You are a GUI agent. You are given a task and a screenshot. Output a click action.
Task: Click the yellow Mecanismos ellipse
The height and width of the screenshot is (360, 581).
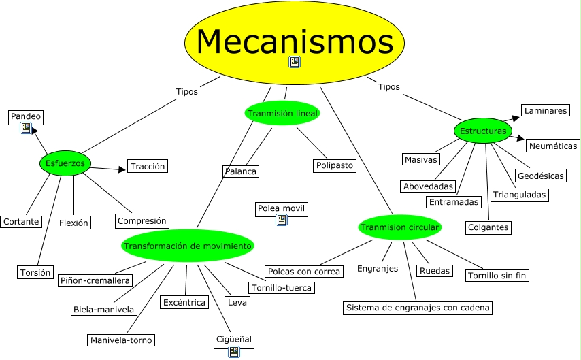pos(294,43)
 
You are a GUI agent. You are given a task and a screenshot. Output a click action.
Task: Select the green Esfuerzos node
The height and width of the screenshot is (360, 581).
pos(65,163)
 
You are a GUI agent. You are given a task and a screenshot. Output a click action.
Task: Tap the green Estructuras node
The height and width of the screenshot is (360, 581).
pos(483,131)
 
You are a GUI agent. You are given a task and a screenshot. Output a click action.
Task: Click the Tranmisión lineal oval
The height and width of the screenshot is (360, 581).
pos(282,113)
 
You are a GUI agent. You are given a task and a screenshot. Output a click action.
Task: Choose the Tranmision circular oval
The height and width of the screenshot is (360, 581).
pos(399,227)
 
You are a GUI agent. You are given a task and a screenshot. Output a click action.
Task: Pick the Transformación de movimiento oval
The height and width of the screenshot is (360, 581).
pos(188,246)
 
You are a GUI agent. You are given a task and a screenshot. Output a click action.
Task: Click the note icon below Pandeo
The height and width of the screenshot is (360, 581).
pos(26,128)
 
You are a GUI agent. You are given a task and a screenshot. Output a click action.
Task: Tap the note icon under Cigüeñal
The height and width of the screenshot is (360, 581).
pos(234,351)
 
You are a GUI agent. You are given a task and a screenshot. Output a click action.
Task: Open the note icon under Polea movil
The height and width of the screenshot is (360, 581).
pos(282,220)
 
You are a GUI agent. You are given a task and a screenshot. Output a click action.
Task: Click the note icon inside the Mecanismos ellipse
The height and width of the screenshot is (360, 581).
pos(295,62)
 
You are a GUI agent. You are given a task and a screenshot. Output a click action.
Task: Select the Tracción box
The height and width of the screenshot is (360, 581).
pos(148,166)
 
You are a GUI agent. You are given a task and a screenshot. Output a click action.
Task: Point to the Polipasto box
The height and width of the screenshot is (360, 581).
pos(335,165)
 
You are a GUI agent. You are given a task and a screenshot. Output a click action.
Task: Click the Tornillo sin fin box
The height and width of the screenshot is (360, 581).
pos(497,276)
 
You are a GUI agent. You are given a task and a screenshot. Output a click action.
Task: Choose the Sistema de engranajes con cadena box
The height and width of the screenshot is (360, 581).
pos(418,308)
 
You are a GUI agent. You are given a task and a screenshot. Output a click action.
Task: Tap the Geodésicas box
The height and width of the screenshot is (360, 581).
pos(541,176)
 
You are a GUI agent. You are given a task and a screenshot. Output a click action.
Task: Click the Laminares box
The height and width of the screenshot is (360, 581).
pos(546,110)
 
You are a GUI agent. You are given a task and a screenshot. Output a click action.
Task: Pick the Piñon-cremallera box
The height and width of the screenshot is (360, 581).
pos(95,280)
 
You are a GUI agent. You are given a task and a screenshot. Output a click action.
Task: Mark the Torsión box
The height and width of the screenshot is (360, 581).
pos(35,272)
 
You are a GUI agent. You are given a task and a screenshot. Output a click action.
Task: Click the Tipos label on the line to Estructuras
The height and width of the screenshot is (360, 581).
pos(388,86)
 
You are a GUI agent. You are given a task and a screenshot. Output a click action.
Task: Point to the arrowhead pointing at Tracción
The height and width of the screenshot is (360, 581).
pos(122,169)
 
